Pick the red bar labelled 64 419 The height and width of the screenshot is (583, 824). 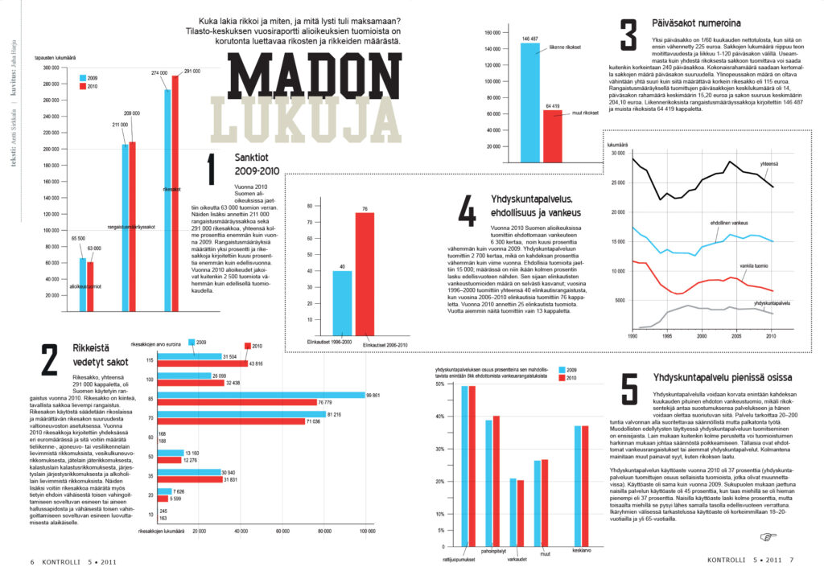click(552, 129)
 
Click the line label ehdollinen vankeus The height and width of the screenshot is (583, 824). click(729, 222)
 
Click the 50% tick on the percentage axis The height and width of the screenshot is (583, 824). click(439, 384)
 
